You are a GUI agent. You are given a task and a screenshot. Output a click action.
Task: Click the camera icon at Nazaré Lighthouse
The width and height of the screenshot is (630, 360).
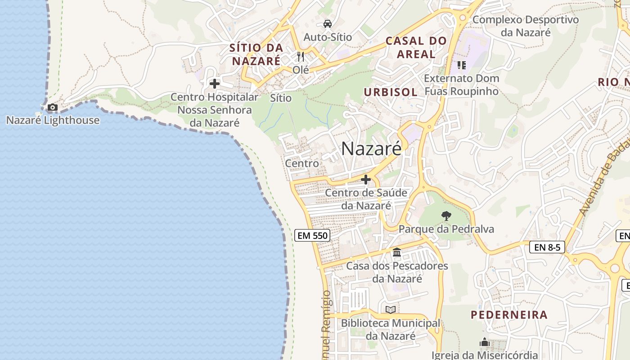click(53, 108)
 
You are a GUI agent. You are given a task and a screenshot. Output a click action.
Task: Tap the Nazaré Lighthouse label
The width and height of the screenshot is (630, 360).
click(53, 120)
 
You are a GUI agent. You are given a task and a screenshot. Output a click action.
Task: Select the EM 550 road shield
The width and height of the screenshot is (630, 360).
click(312, 235)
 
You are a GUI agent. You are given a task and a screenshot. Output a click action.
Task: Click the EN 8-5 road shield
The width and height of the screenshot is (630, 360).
click(547, 247)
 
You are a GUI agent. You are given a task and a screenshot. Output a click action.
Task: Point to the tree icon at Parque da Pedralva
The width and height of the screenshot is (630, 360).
click(446, 216)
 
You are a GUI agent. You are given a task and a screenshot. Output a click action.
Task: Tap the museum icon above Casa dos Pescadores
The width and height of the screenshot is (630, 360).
click(397, 252)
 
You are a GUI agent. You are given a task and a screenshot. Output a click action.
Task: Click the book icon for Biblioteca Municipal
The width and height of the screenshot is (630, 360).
click(391, 310)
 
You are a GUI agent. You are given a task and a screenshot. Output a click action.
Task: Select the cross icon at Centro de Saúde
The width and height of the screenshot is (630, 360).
click(366, 180)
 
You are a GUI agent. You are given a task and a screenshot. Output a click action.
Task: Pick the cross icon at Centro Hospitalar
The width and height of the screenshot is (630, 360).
click(215, 84)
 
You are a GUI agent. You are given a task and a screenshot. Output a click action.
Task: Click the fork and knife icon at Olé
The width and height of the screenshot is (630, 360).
click(301, 57)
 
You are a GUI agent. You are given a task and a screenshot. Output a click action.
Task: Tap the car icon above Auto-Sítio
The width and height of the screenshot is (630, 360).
click(328, 24)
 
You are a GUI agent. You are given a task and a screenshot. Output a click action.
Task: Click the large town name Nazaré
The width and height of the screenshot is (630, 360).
click(371, 148)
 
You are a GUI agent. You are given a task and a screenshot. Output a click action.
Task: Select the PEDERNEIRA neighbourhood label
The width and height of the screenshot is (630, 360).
click(509, 315)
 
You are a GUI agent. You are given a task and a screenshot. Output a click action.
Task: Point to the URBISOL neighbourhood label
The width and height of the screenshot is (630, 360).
click(391, 92)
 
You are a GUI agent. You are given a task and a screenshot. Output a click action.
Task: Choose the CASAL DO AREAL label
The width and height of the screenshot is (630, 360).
click(416, 47)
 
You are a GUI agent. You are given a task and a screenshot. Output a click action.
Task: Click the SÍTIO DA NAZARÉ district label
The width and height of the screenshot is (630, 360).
click(256, 54)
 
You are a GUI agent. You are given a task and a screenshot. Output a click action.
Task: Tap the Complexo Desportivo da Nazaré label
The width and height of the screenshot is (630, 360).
click(525, 26)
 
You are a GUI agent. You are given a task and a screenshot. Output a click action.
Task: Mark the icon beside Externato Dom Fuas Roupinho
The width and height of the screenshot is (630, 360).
click(461, 65)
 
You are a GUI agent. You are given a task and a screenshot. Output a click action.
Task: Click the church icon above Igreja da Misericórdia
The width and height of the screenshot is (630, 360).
click(484, 342)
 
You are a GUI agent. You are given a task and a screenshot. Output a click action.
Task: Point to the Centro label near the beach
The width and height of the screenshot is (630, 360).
click(302, 163)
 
